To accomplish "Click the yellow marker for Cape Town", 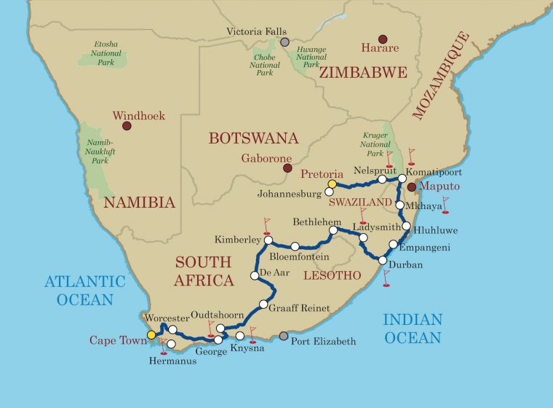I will pyautogui.click(x=151, y=335).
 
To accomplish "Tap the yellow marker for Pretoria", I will pyautogui.click(x=332, y=184).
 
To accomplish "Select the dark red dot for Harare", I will pyautogui.click(x=383, y=39).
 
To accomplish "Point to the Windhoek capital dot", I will pyautogui.click(x=127, y=126).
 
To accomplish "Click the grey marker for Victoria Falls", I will pyautogui.click(x=285, y=42).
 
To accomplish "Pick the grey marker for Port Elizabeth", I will pyautogui.click(x=283, y=336).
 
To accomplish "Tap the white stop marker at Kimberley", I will pyautogui.click(x=268, y=240).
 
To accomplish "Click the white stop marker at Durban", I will pyautogui.click(x=383, y=260).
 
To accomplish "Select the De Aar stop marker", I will pyautogui.click(x=254, y=275).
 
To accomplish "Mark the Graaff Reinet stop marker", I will pyautogui.click(x=263, y=304).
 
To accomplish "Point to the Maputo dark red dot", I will pyautogui.click(x=410, y=187).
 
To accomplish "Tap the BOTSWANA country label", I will pyautogui.click(x=253, y=138).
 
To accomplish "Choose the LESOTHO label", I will pyautogui.click(x=331, y=275).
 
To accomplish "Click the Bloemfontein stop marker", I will pyautogui.click(x=295, y=246).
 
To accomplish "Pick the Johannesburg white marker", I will pyautogui.click(x=329, y=192).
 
